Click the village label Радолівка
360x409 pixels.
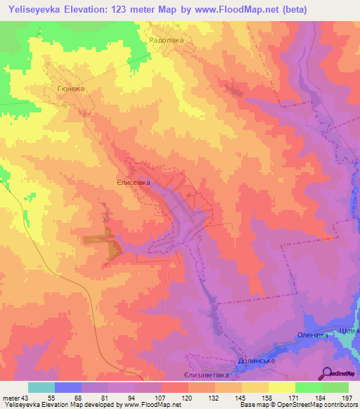168,41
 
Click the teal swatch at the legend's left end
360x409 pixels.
41,387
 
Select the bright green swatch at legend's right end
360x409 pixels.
335,387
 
